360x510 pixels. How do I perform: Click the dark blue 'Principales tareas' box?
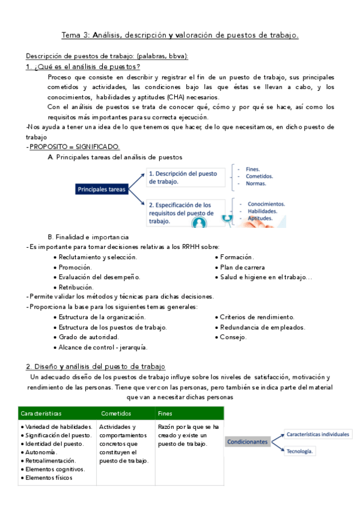[x=102, y=189]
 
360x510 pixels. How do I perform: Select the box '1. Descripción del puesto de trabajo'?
[x=184, y=177]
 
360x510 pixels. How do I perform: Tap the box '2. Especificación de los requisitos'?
[x=184, y=212]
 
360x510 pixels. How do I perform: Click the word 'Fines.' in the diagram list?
[x=253, y=169]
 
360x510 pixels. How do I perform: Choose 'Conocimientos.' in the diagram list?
[x=266, y=204]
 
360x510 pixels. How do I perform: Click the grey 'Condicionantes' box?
[x=247, y=441]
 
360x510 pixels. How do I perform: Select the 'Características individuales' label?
[x=318, y=433]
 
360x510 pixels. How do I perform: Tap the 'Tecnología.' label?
[x=301, y=450]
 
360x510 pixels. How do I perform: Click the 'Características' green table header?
[x=41, y=413]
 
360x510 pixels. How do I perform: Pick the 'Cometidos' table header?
[x=115, y=413]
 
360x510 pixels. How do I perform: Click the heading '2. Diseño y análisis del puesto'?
[x=96, y=366]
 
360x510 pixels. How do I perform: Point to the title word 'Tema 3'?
[x=76, y=36]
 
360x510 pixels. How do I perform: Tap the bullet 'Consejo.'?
[x=233, y=337]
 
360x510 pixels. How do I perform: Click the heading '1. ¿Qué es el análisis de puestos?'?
[x=84, y=67]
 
